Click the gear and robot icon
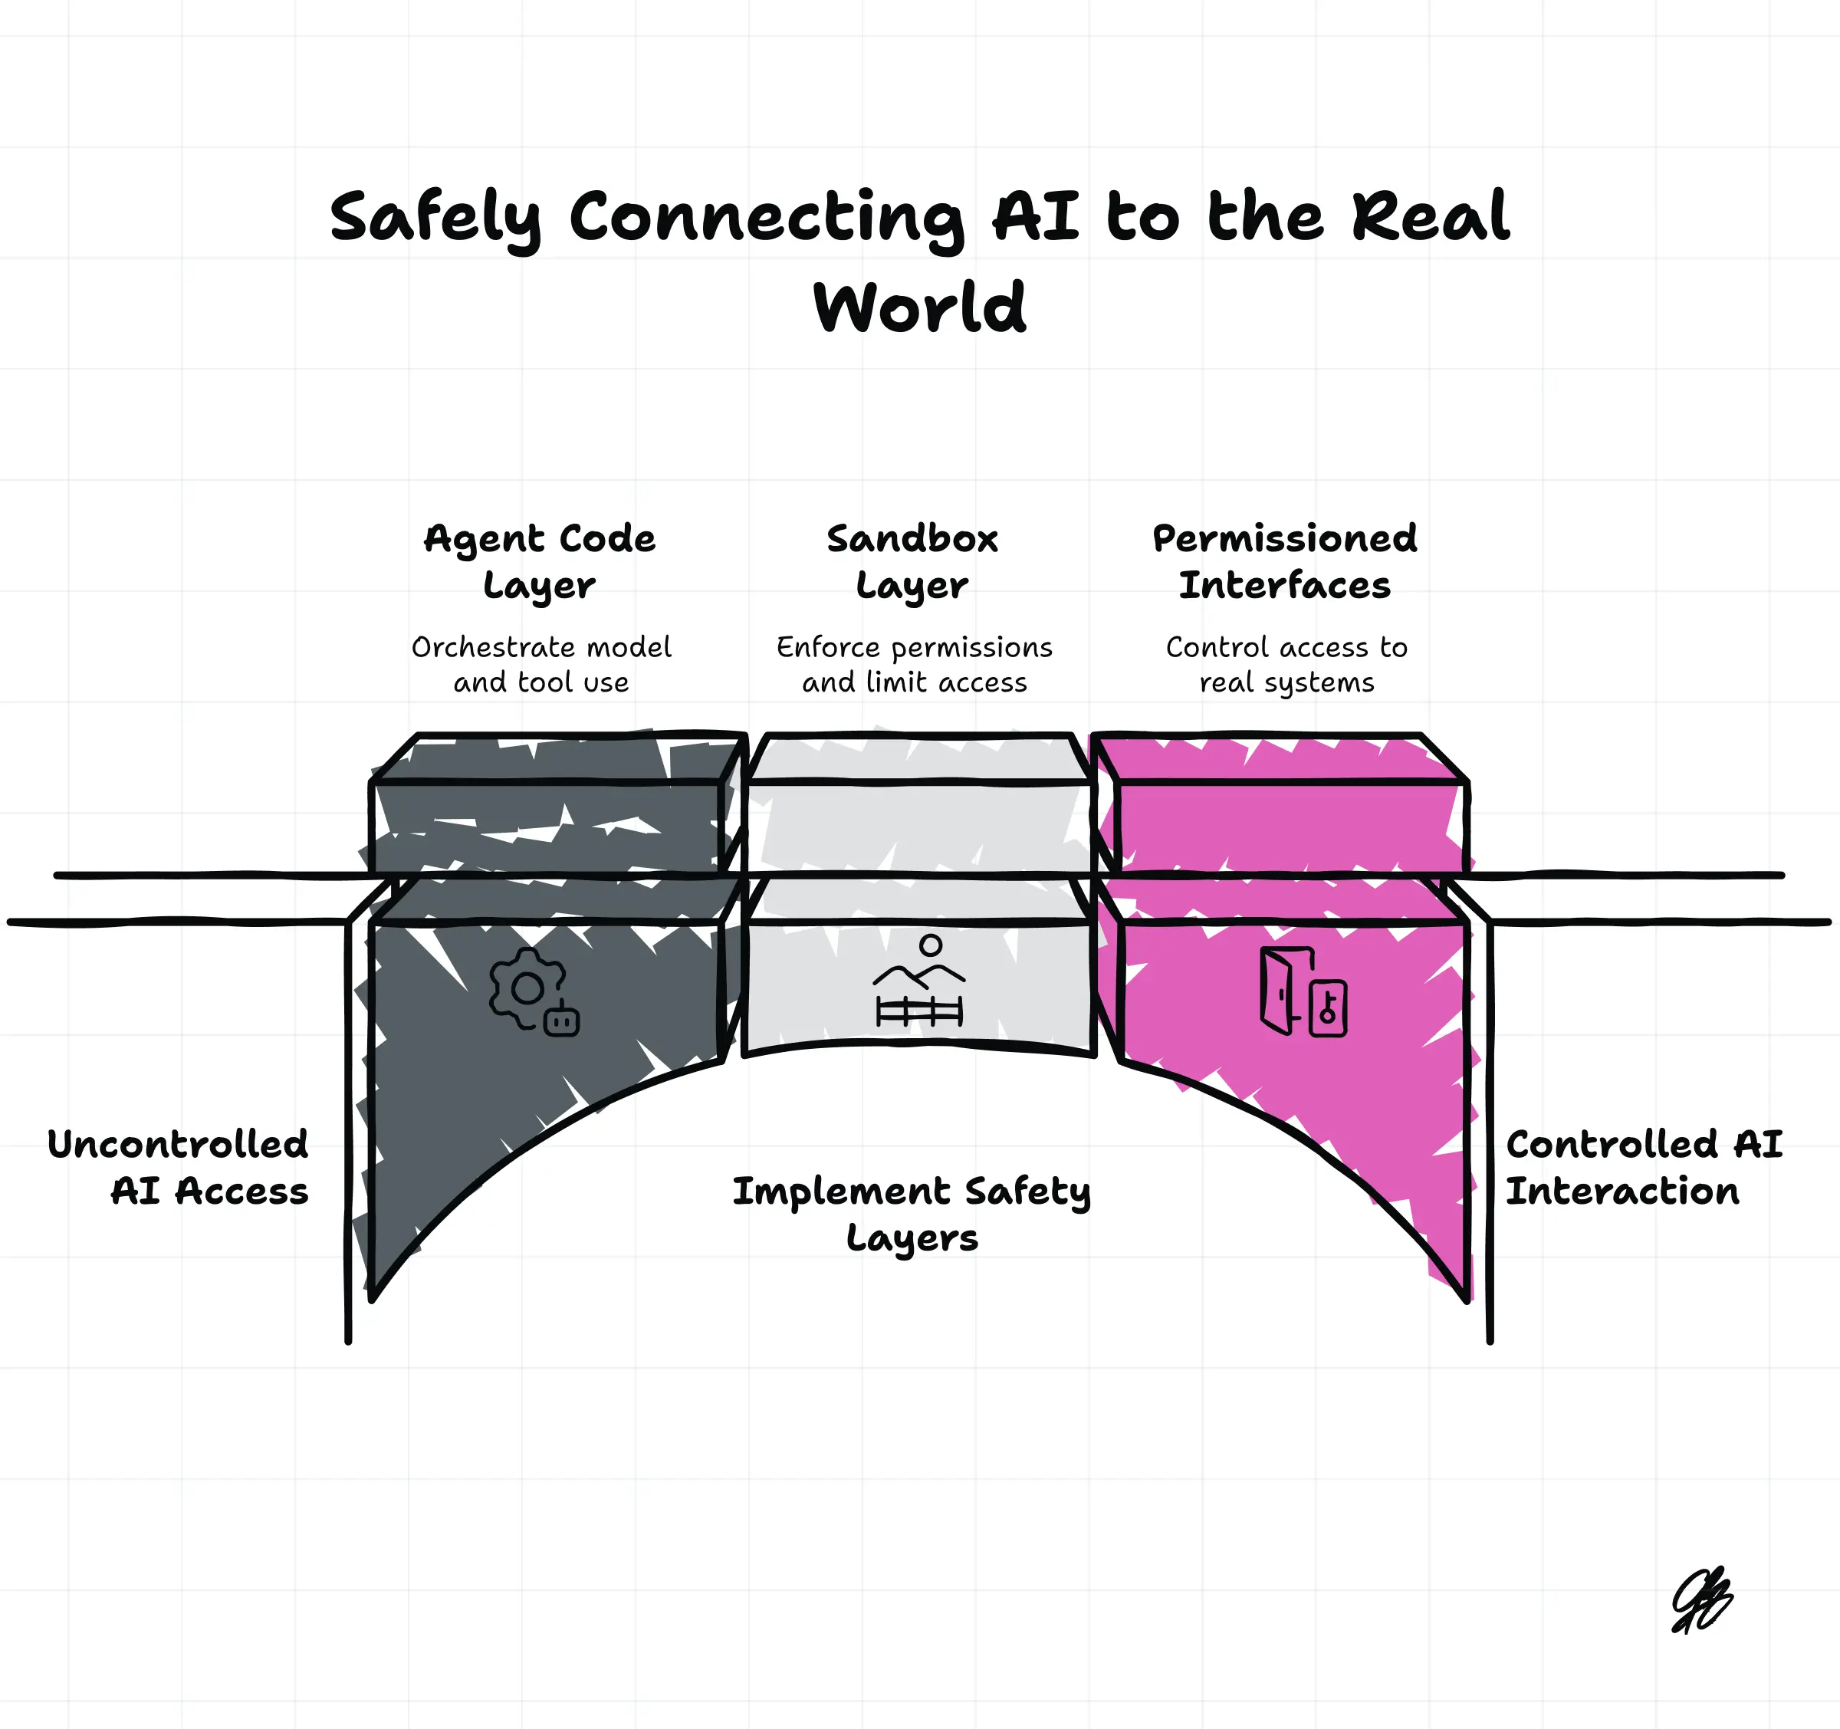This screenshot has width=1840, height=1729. tap(533, 991)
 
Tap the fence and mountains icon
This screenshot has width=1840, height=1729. tap(919, 983)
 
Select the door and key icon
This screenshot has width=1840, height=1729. tap(1303, 992)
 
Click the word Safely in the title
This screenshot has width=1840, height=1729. tap(435, 218)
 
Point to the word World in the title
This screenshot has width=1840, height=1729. tap(919, 307)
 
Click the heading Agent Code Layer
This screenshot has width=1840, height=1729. tap(540, 561)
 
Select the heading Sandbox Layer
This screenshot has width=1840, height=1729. tap(912, 561)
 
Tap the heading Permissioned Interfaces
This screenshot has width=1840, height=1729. tap(1285, 561)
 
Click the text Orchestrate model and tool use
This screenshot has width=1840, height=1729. tap(541, 665)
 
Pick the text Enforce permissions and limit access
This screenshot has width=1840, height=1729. tap(915, 665)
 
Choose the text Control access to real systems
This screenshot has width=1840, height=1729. tap(1286, 665)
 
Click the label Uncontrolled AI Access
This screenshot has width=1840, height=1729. tap(178, 1167)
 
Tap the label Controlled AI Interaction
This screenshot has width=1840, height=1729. tap(1644, 1167)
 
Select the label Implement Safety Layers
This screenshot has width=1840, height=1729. tap(912, 1214)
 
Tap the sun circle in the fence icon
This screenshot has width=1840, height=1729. tap(931, 945)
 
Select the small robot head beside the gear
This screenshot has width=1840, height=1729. tap(561, 1021)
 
